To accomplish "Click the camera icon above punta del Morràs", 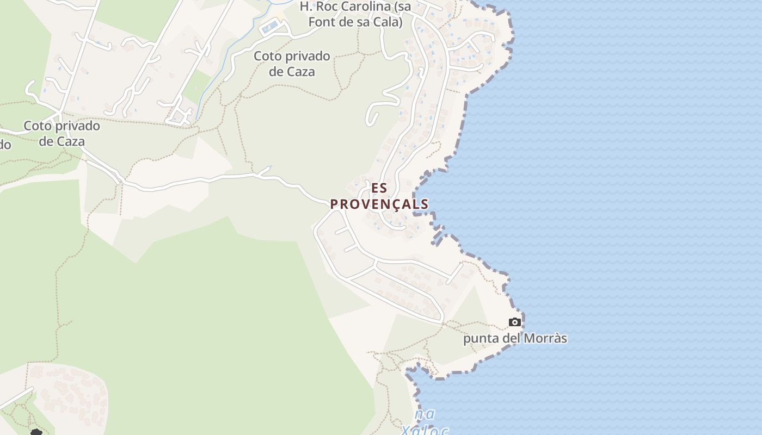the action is (x=514, y=322).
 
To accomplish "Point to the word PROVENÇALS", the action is (x=379, y=204).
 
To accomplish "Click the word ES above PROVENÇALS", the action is (x=379, y=188).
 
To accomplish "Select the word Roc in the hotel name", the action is (x=328, y=7).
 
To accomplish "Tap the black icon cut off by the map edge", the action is (x=36, y=432).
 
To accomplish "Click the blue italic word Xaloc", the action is (x=425, y=431).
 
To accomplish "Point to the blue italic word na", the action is (x=425, y=414).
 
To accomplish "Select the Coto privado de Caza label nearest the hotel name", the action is (x=292, y=64).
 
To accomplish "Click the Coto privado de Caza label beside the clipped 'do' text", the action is (x=62, y=134).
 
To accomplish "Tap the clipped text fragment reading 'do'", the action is (x=5, y=145).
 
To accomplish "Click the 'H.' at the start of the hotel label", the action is (x=305, y=7).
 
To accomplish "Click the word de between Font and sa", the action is (x=348, y=22).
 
